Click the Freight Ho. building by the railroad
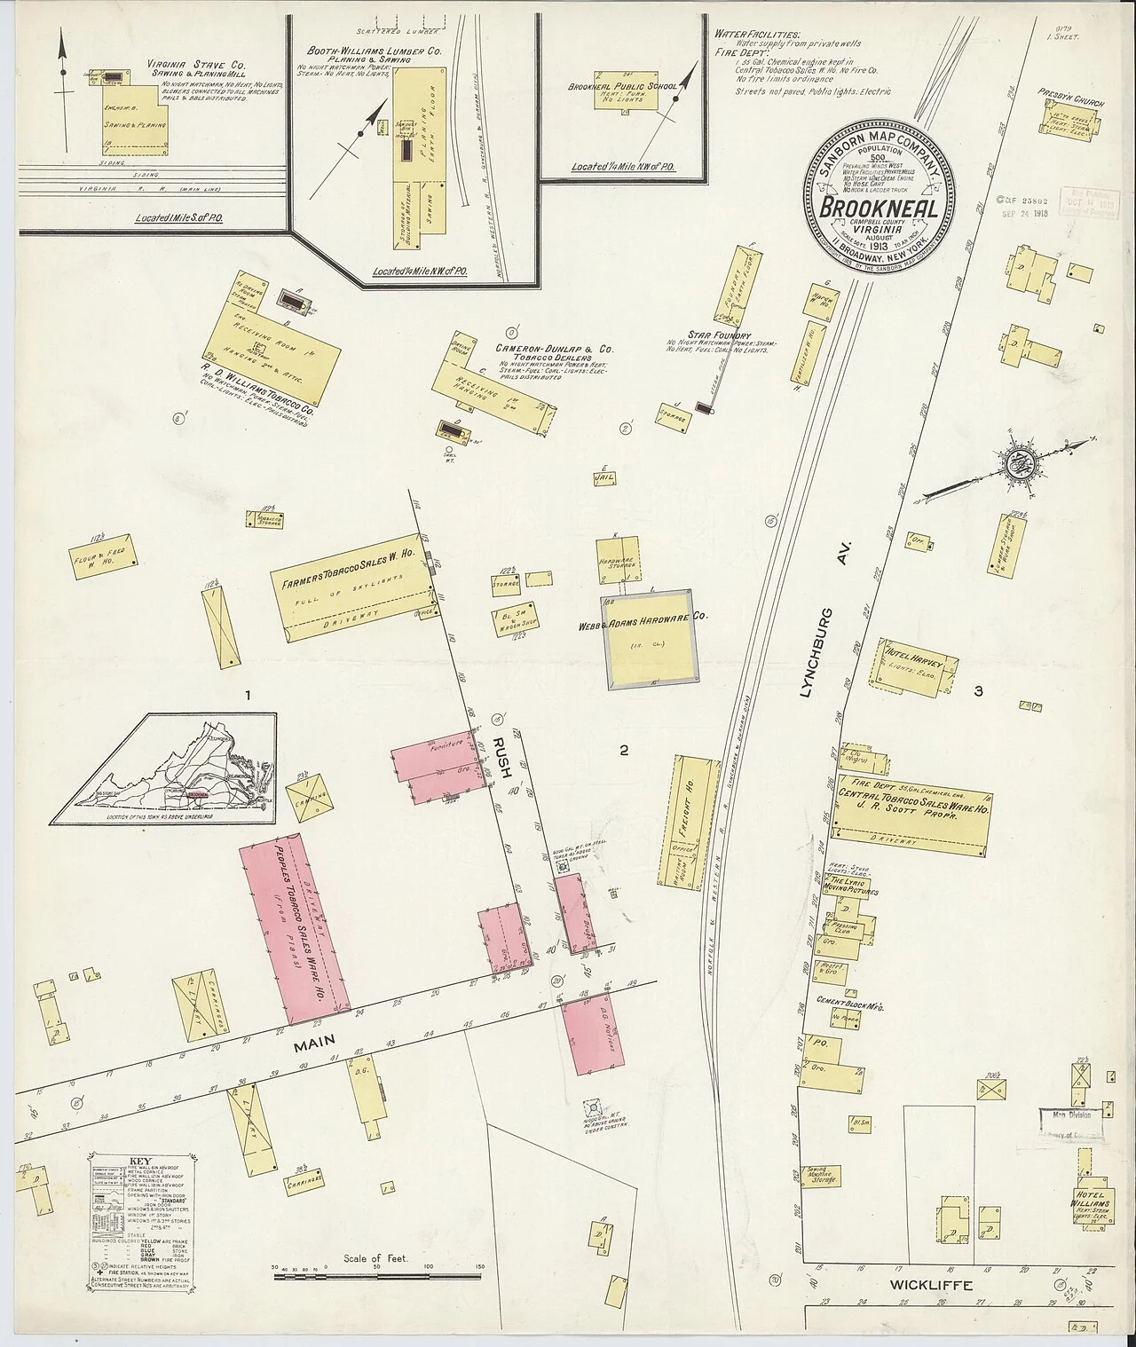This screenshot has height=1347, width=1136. point(690,818)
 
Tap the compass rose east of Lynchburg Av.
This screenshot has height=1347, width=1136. point(1019,461)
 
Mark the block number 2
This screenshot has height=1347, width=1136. point(624,751)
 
